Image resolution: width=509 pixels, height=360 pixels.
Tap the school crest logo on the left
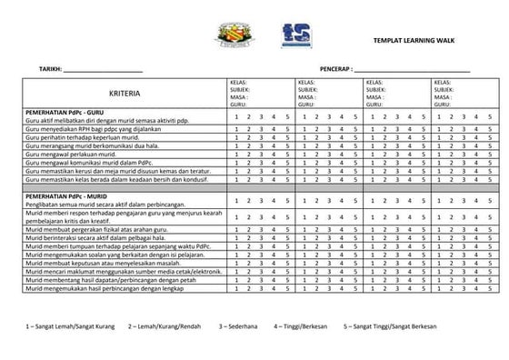point(225,34)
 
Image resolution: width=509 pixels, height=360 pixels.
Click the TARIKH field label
point(50,69)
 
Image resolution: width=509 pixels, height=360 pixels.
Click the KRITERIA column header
point(125,95)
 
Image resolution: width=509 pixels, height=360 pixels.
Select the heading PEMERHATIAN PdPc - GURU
point(66,112)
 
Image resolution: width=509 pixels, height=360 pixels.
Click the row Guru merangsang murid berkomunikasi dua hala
point(92,145)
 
